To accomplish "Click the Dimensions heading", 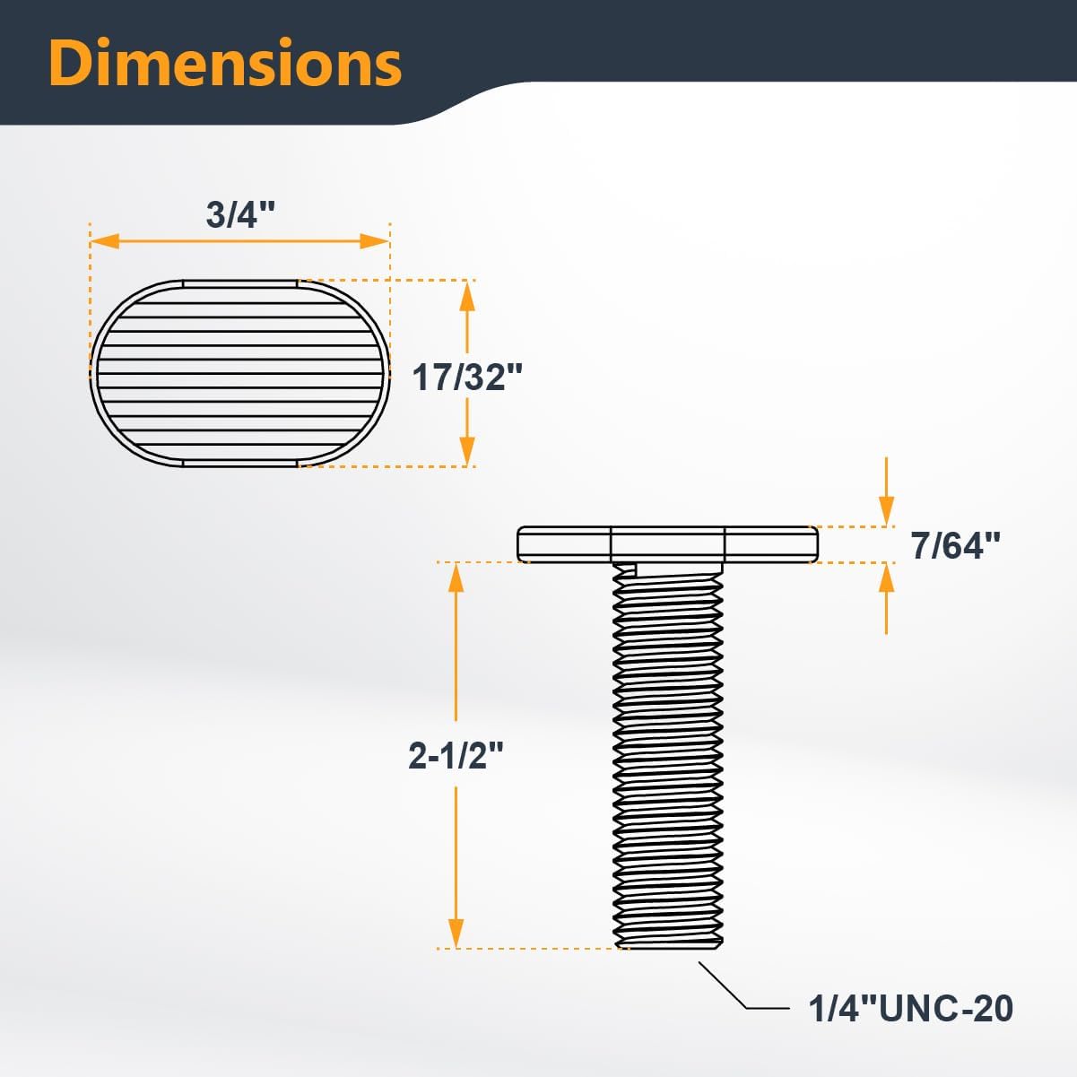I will [x=225, y=63].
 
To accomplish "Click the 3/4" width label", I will [x=239, y=215].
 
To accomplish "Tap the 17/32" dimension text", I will [x=466, y=378].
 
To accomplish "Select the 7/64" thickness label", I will [x=955, y=545].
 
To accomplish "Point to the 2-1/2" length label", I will [x=456, y=757].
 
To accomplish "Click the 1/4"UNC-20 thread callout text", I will [x=910, y=1009].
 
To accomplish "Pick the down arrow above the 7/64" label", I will [x=886, y=511].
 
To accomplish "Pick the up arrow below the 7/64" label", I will [x=886, y=578].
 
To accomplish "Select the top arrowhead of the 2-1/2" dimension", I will [x=456, y=578].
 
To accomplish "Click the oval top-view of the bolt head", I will [x=239, y=373].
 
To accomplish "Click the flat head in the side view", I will [x=667, y=543].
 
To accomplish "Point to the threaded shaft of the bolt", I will [x=668, y=753].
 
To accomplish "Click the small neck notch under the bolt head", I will [x=626, y=569].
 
